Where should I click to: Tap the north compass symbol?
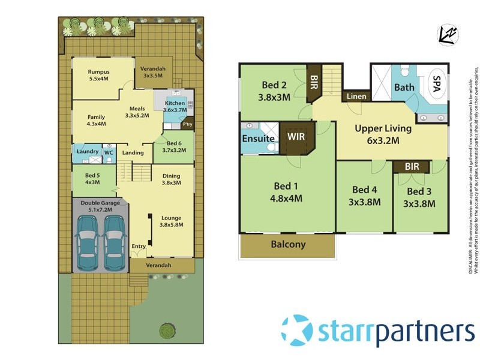pyautogui.click(x=447, y=35)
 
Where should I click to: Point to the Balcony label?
pyautogui.click(x=287, y=245)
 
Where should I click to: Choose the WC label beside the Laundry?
pyautogui.click(x=109, y=152)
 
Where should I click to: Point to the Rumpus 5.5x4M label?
pyautogui.click(x=99, y=75)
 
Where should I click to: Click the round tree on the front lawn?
pyautogui.click(x=166, y=329)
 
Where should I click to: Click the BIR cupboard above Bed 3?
pyautogui.click(x=412, y=166)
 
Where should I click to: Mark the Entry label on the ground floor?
pyautogui.click(x=139, y=246)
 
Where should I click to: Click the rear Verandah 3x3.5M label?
pyautogui.click(x=153, y=73)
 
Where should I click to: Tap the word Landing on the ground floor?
pyautogui.click(x=133, y=152)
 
